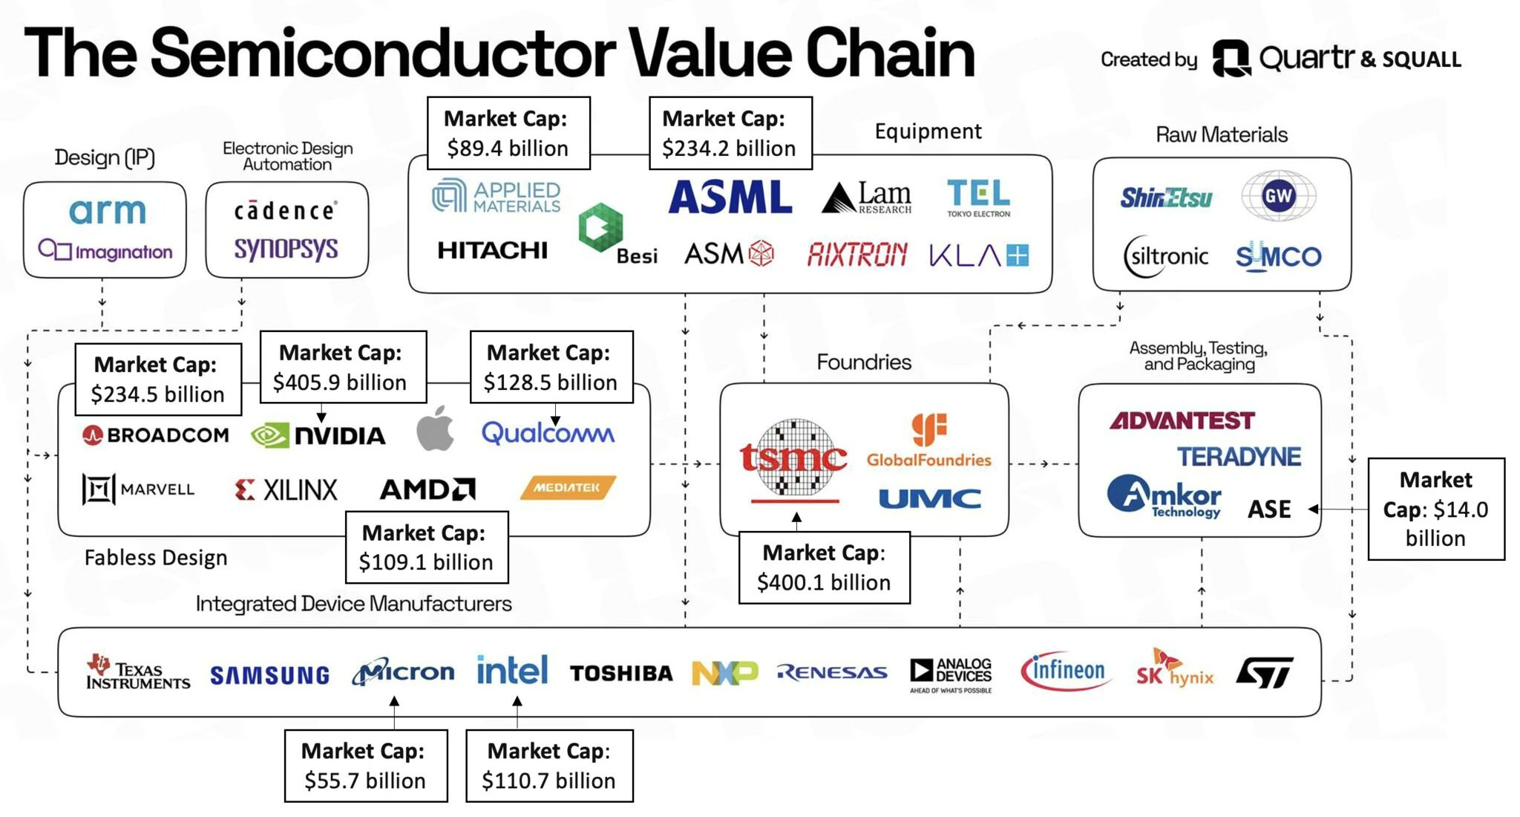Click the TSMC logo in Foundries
tap(793, 459)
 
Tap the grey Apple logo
tap(435, 429)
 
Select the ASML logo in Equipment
tap(730, 198)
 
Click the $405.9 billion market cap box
tap(343, 368)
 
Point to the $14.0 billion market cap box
tap(1435, 509)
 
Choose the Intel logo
tap(512, 670)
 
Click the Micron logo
tap(403, 672)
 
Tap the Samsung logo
tap(269, 674)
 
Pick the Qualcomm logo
tap(548, 433)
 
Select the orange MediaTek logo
tap(568, 487)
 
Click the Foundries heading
tap(864, 362)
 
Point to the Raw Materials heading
tap(1222, 135)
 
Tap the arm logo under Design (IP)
tap(108, 212)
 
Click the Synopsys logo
tap(286, 249)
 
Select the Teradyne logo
tap(1239, 457)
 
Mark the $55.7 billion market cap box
tap(366, 766)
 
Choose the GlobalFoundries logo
tap(929, 441)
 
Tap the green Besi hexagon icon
tap(600, 227)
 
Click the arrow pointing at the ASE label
tap(1314, 509)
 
